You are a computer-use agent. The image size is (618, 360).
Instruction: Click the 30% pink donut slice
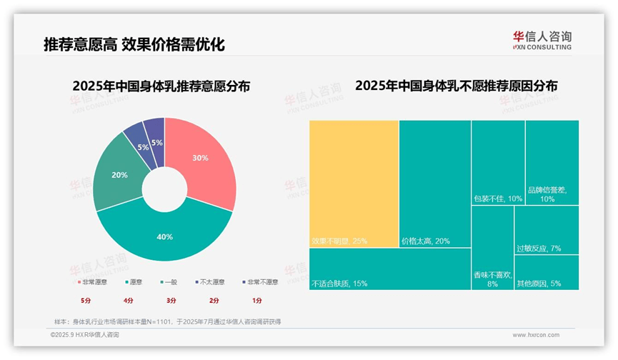(x=204, y=161)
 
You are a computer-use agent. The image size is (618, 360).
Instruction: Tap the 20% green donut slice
(x=121, y=175)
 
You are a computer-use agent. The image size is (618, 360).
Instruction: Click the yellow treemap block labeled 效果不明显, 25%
(x=354, y=183)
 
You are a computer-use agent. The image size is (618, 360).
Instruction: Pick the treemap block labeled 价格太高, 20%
(x=434, y=183)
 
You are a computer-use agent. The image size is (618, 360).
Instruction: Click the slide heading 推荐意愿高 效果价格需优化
(x=134, y=46)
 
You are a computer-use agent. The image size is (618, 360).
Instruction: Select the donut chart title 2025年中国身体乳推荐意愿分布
(x=165, y=86)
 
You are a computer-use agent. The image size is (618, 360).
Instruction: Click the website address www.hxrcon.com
(x=535, y=334)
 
